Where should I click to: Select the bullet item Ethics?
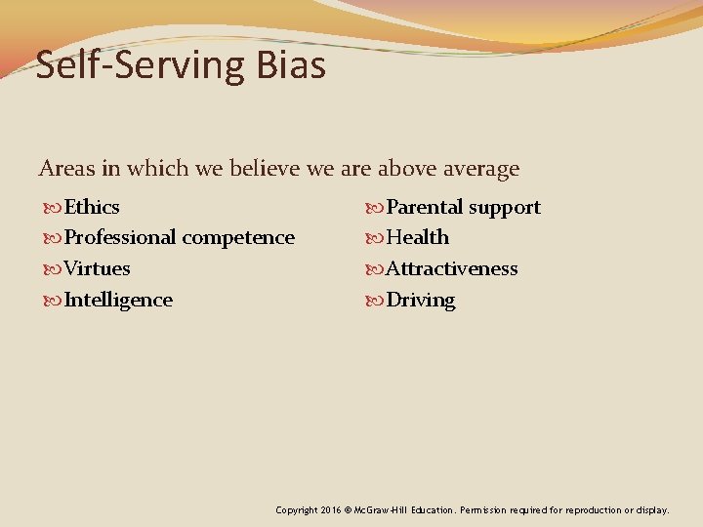pos(92,207)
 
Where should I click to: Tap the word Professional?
pos(120,237)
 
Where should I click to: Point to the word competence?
pos(238,237)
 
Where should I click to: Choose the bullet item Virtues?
pos(97,268)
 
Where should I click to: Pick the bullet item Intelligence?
pos(118,300)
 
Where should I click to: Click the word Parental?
pos(425,207)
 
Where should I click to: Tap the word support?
pos(504,208)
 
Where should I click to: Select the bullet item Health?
pos(418,237)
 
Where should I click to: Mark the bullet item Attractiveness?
pos(452,268)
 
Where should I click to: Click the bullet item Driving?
pos(421,301)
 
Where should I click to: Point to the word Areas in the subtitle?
pos(66,169)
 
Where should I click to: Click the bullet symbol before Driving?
pos(376,301)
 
